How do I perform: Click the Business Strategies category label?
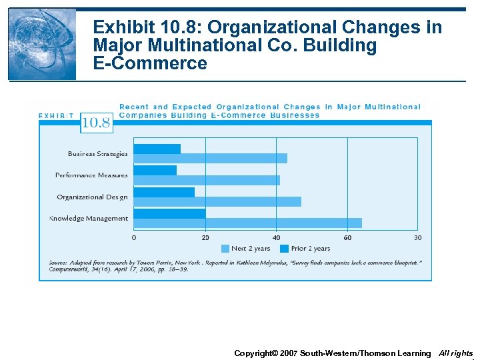[x=97, y=154]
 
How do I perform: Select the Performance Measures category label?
[x=91, y=175]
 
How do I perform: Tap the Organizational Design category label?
[x=92, y=197]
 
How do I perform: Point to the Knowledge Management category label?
[x=88, y=219]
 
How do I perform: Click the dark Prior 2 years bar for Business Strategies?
[x=157, y=149]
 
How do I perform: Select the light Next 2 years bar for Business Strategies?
[x=211, y=159]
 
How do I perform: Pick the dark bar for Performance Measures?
[x=155, y=171]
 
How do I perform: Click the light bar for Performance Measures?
[x=207, y=180]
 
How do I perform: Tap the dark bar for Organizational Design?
[x=164, y=192]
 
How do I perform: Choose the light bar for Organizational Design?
[x=217, y=201]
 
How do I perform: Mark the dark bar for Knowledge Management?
[x=169, y=213]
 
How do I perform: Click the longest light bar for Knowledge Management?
[x=247, y=223]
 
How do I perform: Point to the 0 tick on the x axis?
[x=134, y=238]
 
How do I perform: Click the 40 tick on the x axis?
[x=276, y=238]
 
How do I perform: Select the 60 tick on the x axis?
[x=347, y=238]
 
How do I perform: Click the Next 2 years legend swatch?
[x=225, y=249]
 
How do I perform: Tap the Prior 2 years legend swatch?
[x=284, y=249]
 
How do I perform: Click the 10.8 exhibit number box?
[x=96, y=123]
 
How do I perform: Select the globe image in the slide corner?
[x=42, y=45]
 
